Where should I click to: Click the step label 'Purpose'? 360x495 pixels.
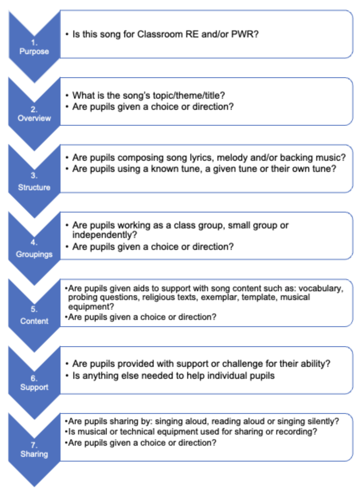34,51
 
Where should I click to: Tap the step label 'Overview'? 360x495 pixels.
34,118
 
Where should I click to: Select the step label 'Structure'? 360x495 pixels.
34,187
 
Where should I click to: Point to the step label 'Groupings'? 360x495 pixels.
34,254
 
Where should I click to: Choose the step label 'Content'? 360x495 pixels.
34,321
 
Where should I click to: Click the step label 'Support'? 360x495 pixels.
34,388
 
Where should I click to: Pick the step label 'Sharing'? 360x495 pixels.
34,454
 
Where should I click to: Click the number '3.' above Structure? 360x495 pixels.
34,175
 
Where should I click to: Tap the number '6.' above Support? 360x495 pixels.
34,378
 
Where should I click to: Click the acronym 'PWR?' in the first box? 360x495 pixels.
245,34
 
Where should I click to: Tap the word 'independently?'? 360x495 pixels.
105,235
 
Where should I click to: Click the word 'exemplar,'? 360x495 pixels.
220,297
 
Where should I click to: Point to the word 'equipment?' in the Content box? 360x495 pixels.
91,307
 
